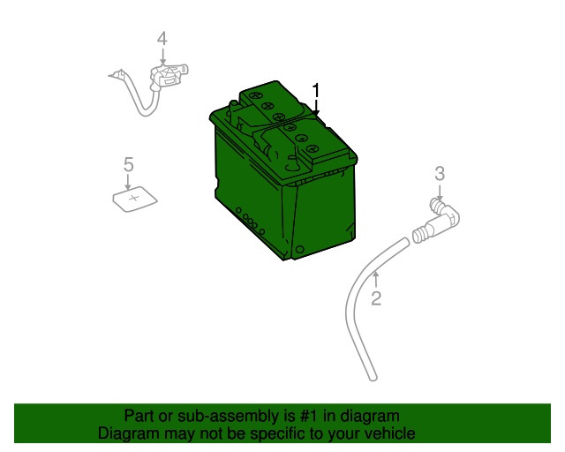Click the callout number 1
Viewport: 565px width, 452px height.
[316, 90]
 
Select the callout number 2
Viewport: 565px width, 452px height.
[376, 298]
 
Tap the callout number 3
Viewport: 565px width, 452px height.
[440, 174]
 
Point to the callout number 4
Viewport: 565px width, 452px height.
[162, 39]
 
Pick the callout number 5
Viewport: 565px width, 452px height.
[129, 164]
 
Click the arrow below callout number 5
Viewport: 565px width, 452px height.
[127, 182]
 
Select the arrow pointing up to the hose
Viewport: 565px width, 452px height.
[376, 280]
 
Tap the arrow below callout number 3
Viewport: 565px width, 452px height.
[439, 192]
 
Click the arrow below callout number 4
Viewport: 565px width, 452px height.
[162, 57]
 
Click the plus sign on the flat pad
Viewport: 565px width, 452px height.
[134, 198]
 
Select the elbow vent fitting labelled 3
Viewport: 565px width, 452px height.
[436, 220]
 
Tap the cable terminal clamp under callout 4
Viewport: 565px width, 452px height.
[169, 76]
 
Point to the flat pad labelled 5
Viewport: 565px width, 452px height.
[135, 200]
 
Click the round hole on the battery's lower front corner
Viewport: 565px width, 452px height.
[300, 250]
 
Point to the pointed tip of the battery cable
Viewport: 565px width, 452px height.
[109, 76]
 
